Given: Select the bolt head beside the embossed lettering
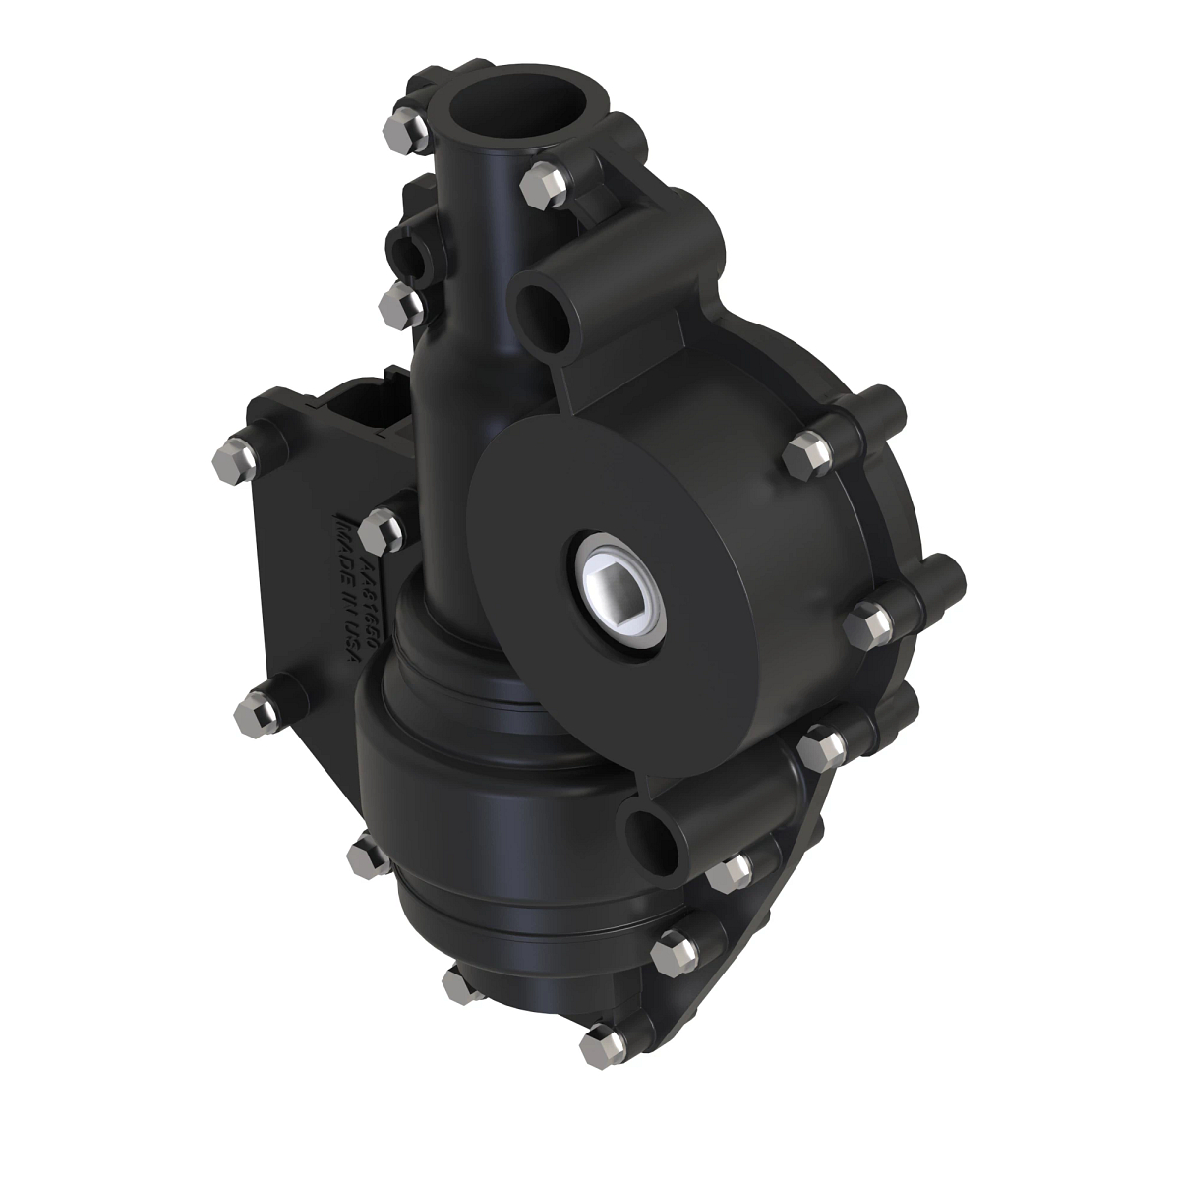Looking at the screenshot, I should click(380, 533).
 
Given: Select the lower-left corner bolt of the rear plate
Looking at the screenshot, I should click(255, 710).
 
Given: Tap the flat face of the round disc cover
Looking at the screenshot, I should click(551, 472).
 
